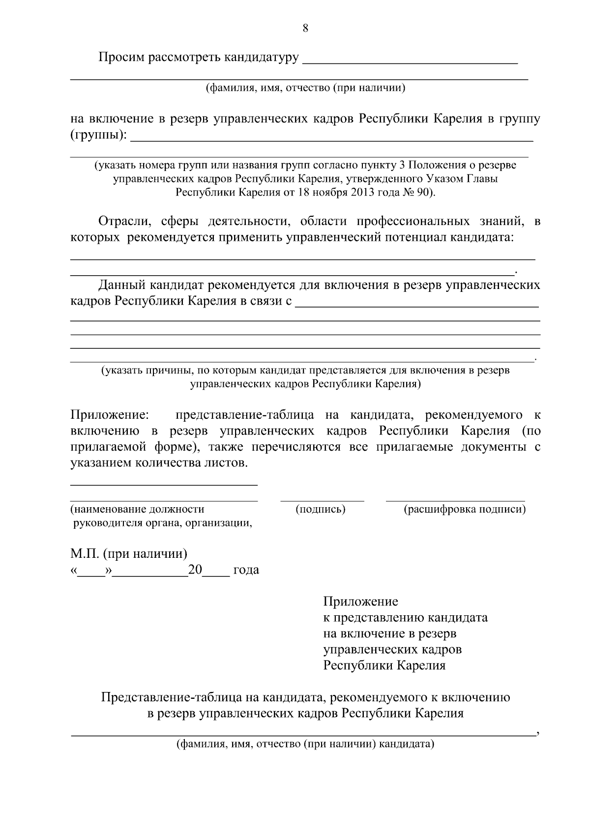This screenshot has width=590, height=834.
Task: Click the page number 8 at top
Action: (x=305, y=29)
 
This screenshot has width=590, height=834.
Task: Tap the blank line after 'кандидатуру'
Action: (x=410, y=61)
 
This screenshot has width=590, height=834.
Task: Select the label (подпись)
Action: (x=321, y=509)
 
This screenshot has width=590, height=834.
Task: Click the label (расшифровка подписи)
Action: (x=465, y=509)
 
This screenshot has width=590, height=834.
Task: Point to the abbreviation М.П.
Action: (x=85, y=554)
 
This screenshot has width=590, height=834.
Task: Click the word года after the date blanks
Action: (x=246, y=570)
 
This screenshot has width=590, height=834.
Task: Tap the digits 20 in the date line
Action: (x=195, y=570)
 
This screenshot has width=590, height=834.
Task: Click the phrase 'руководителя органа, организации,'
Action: (x=162, y=523)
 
